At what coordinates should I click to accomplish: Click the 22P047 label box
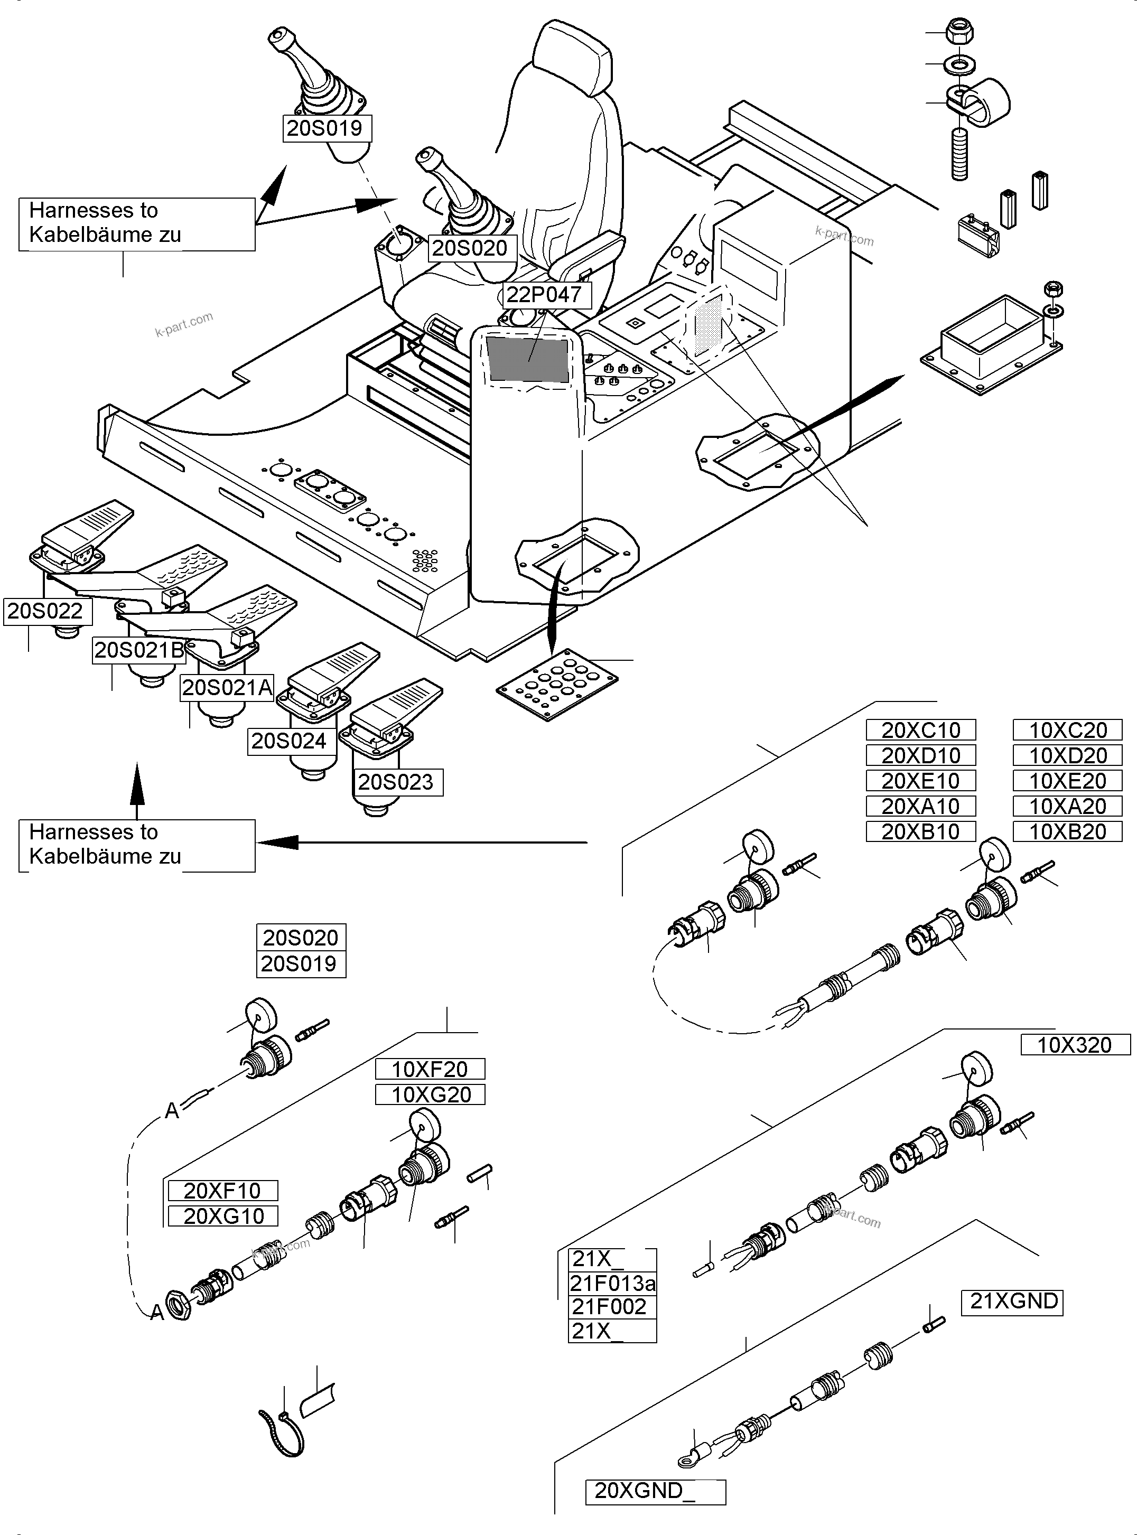tap(544, 294)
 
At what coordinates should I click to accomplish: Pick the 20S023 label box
tap(396, 782)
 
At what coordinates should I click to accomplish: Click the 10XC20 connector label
tap(1067, 730)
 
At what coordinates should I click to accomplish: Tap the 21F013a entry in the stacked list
tap(612, 1283)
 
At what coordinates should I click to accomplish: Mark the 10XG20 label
tap(430, 1094)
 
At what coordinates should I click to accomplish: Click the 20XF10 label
tap(223, 1190)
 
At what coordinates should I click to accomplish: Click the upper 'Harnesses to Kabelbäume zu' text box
tap(136, 223)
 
